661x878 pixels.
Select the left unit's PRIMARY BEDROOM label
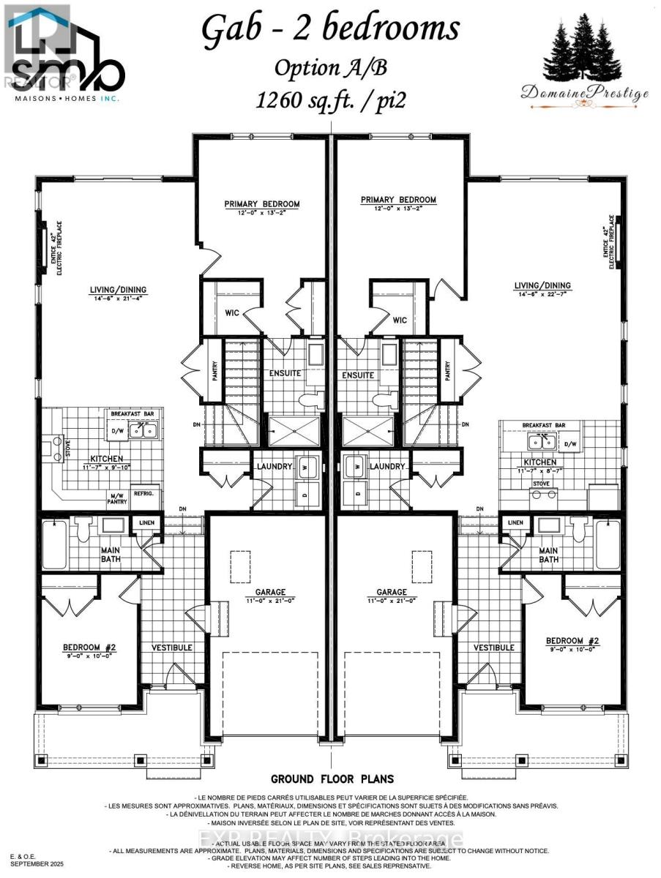coord(262,204)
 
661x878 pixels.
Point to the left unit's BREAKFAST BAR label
coord(130,413)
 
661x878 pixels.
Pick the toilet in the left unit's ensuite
coord(313,399)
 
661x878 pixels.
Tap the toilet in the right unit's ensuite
coord(381,399)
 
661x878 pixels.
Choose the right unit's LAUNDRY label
coord(388,466)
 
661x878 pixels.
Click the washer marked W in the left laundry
coord(306,465)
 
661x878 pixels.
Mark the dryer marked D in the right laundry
coord(357,494)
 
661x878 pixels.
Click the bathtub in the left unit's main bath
coord(53,544)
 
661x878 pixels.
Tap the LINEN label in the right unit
coord(515,522)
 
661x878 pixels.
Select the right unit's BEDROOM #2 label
coord(567,641)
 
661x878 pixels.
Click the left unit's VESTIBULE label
coord(172,648)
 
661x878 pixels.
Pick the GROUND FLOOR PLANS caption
coord(332,778)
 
